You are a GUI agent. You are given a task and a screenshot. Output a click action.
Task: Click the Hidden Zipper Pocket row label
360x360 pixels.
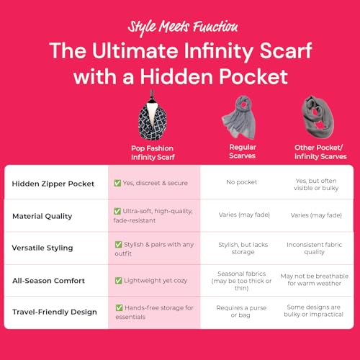[x=53, y=183]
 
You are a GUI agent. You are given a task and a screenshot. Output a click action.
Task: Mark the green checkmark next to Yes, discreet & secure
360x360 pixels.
[x=117, y=183]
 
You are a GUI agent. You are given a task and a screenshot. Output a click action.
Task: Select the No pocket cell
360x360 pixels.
[x=242, y=183]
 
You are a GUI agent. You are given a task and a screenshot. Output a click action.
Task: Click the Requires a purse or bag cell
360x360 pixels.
[x=242, y=312]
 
